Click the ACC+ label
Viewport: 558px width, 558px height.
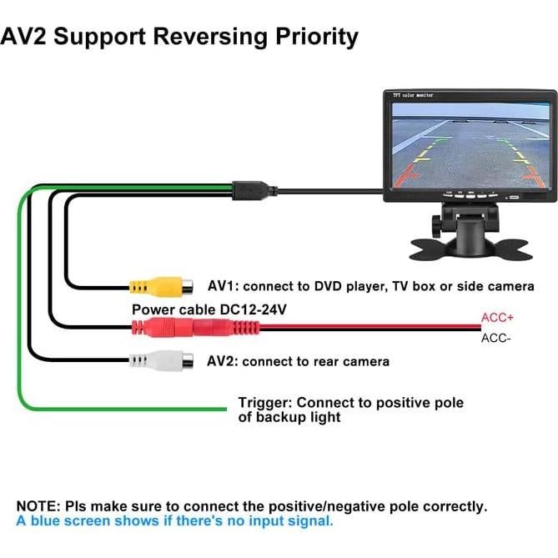point(497,318)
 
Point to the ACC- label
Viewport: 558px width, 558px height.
point(496,338)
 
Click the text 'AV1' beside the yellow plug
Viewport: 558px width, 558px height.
point(221,286)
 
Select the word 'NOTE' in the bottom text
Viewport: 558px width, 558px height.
point(37,506)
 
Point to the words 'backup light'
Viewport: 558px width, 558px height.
point(299,417)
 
